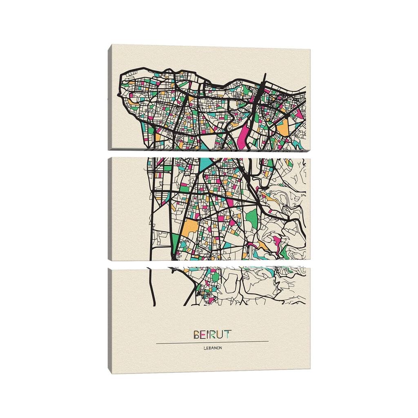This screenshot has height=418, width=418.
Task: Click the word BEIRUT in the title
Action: point(212,334)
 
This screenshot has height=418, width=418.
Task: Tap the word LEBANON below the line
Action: point(212,348)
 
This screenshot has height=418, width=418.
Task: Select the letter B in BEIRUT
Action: point(196,334)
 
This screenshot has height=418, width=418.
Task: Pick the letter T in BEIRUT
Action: point(227,334)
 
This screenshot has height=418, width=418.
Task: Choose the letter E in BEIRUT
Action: point(202,334)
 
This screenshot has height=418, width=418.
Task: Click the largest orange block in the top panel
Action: point(282,128)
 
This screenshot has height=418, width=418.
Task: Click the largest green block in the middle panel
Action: point(252,218)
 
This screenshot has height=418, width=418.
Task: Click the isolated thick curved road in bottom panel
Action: point(152,286)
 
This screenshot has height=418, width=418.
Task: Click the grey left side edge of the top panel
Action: point(110,98)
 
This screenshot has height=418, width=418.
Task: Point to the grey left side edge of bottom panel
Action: point(110,318)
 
